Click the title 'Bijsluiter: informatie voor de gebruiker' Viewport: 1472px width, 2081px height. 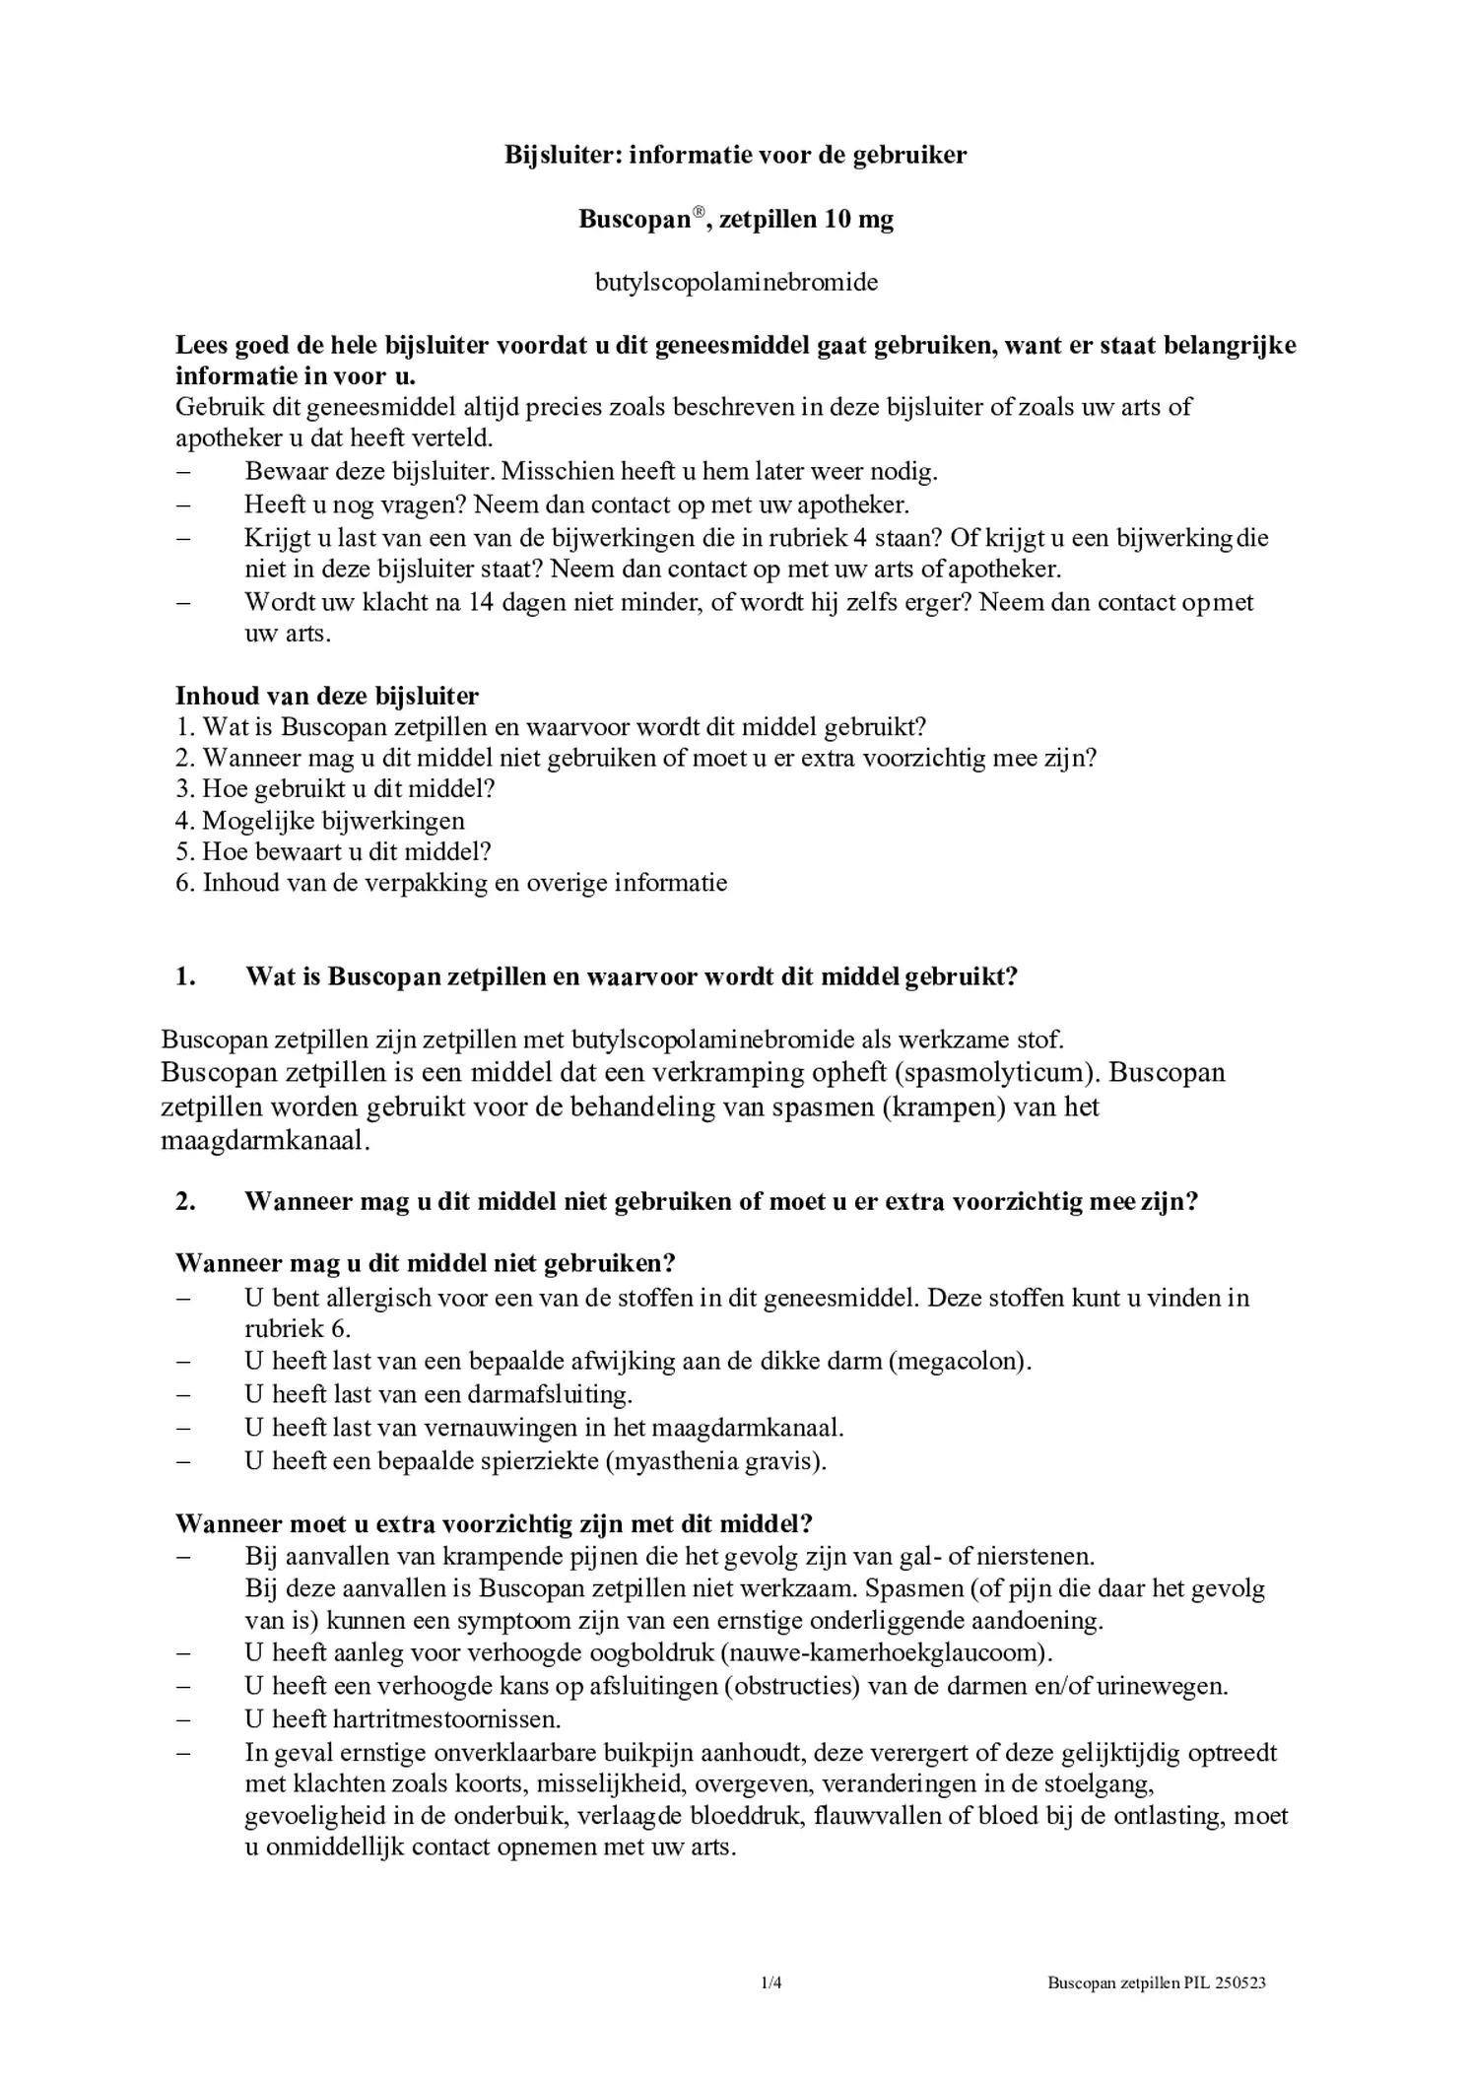point(735,155)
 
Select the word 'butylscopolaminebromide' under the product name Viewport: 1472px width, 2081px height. point(736,283)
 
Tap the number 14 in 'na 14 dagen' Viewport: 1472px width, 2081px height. point(480,602)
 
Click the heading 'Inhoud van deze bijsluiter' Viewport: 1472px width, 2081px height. point(327,696)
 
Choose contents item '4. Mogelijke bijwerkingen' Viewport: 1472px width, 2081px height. point(320,820)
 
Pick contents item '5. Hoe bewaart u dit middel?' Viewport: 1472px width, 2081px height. point(333,851)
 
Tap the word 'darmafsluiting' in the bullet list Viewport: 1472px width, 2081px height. point(557,1394)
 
